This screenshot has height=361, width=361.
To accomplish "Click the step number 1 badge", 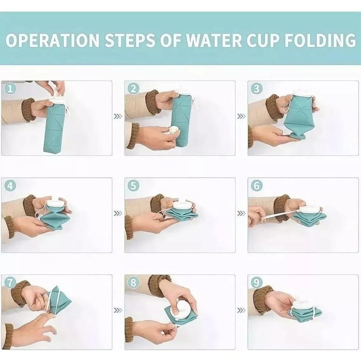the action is (10, 89).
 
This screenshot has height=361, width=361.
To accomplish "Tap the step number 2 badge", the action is (133, 89).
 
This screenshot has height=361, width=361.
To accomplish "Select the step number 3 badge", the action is (257, 89).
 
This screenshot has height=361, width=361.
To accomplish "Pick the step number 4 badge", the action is (10, 186).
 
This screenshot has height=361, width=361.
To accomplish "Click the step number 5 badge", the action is (133, 186).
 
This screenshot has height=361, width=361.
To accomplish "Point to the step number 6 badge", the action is (257, 186).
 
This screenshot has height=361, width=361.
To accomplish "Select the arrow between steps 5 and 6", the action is (241, 213).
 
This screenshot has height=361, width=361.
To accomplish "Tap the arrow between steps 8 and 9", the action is (241, 310).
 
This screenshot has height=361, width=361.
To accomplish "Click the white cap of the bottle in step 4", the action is (56, 203).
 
